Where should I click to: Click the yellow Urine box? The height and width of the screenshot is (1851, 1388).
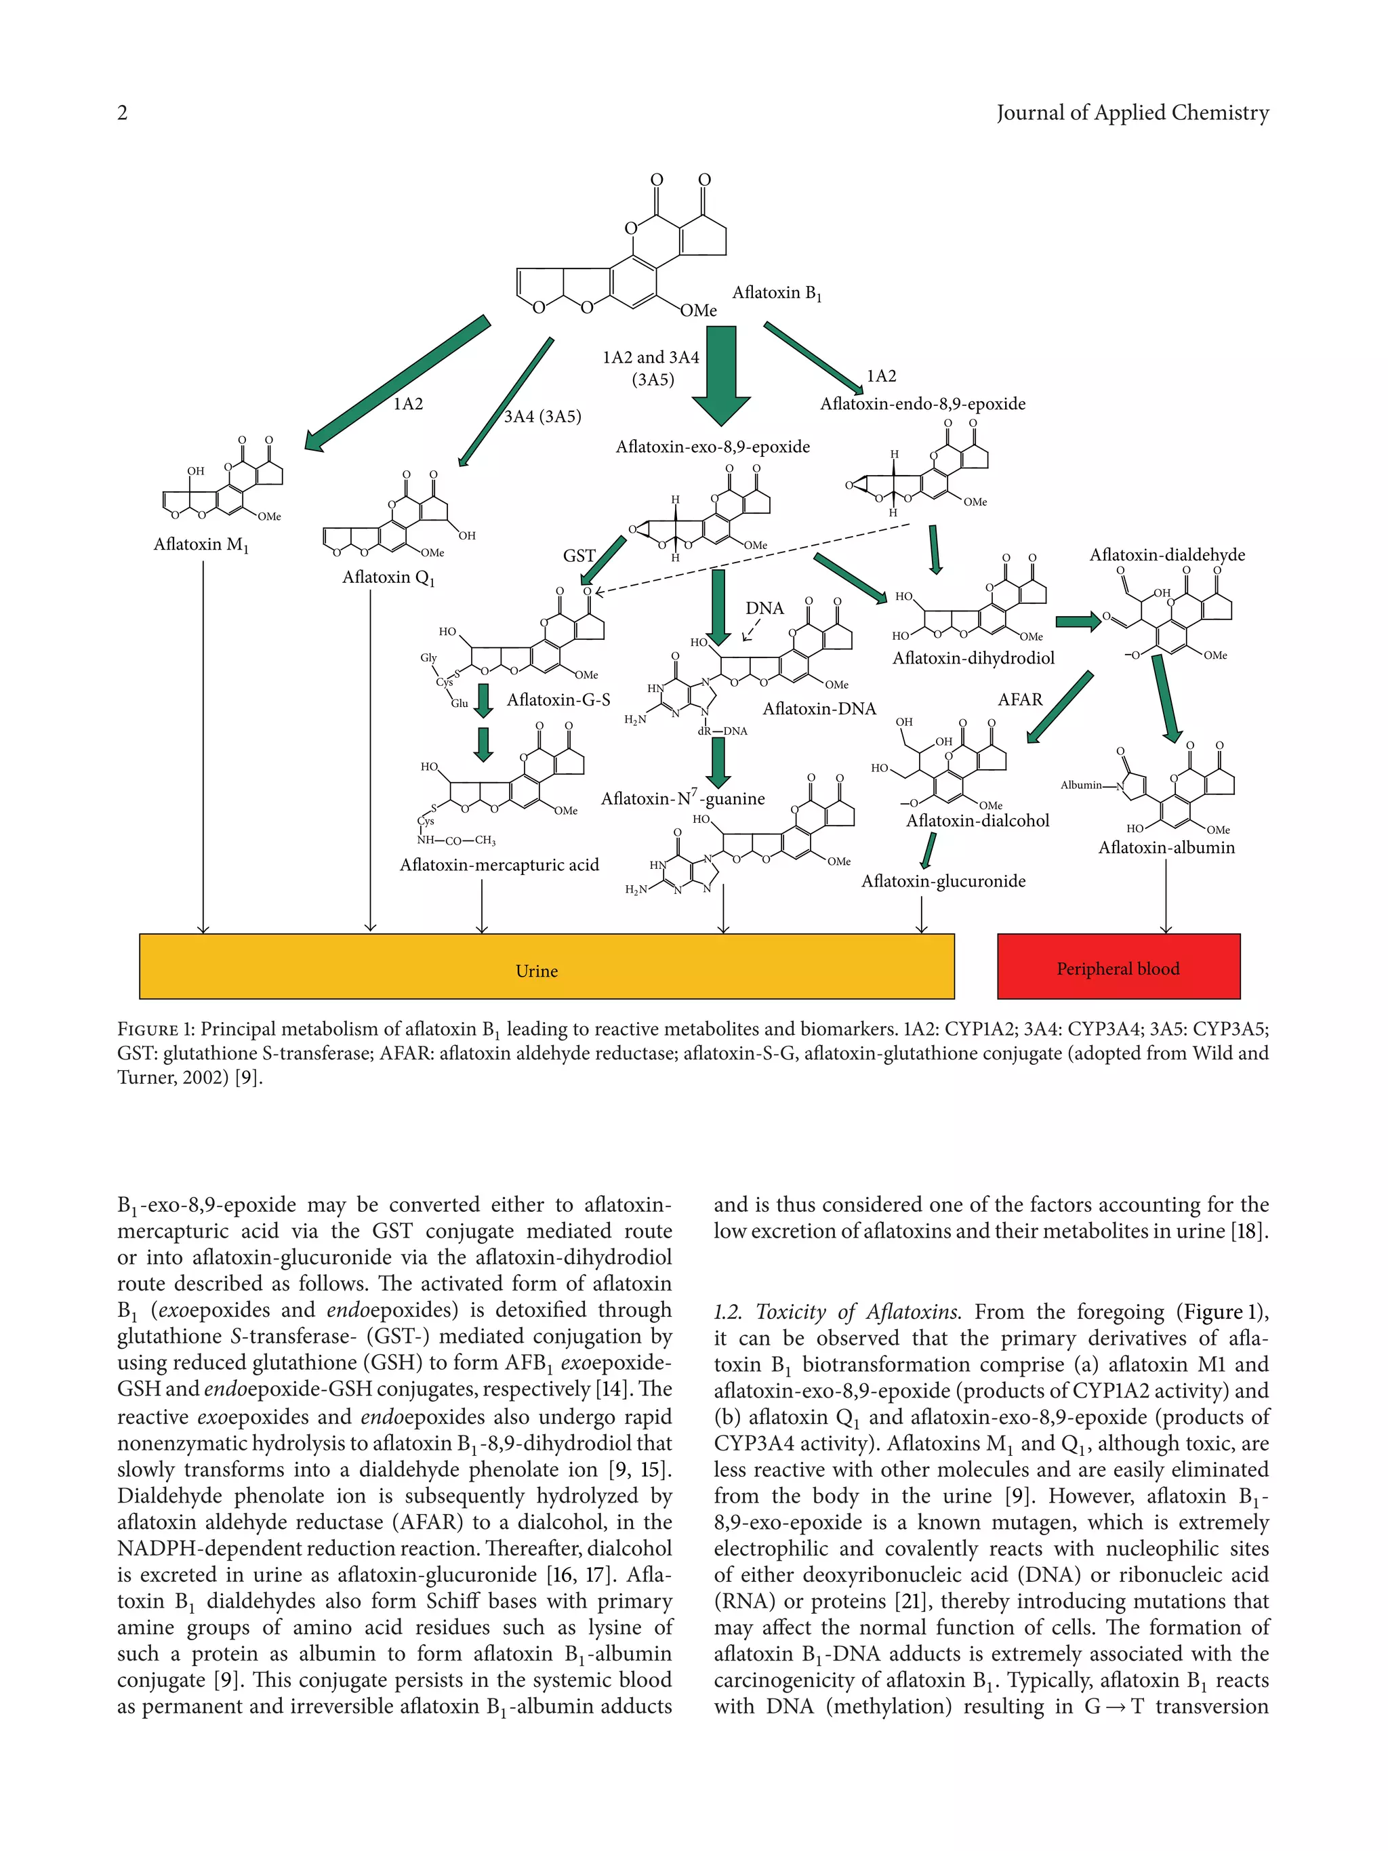pos(546,966)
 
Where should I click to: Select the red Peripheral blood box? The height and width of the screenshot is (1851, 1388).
pos(1118,967)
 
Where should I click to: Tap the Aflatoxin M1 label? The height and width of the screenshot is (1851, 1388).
pos(201,545)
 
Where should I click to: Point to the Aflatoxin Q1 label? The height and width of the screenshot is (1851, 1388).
pos(388,577)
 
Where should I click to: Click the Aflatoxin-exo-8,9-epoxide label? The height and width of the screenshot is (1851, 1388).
pos(713,447)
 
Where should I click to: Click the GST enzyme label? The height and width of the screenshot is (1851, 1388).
pos(579,556)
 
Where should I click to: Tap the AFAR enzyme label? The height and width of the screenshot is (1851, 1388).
pos(1020,699)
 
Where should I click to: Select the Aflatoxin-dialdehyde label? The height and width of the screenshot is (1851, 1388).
pos(1167,555)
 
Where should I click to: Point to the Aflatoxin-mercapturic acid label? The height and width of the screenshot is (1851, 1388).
pos(499,864)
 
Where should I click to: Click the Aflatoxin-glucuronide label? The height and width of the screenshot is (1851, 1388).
pos(943,881)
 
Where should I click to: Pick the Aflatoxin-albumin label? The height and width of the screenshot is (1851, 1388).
pos(1166,848)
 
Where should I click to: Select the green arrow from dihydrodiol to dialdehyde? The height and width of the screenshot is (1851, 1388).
pos(1078,622)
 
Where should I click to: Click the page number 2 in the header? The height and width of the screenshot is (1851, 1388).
pos(122,113)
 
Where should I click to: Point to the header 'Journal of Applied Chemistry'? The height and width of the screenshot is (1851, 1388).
pos(1132,113)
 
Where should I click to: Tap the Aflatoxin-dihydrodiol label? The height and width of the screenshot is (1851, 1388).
pos(973,657)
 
